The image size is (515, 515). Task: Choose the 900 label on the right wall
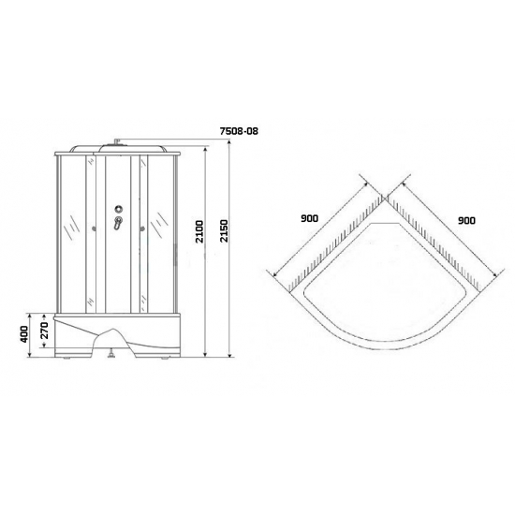pos(466,219)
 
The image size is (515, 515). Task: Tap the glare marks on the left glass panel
pos(70,225)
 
